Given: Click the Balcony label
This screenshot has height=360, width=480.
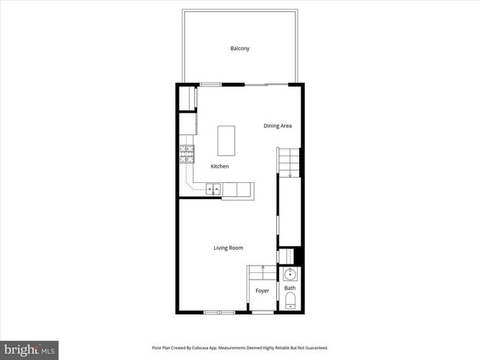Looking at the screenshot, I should click(239, 49).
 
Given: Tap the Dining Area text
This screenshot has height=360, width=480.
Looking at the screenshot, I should click(278, 126).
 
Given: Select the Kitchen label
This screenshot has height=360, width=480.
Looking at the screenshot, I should click(220, 167).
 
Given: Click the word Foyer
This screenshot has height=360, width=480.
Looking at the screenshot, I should click(262, 291).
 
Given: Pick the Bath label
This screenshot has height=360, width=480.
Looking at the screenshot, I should click(290, 288).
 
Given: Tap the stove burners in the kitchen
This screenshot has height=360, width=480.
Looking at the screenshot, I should click(187, 153).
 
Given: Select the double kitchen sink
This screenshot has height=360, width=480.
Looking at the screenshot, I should click(213, 190).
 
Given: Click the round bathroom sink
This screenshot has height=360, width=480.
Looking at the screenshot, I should click(289, 275).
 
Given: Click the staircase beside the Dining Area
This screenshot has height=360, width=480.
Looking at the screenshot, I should click(289, 162).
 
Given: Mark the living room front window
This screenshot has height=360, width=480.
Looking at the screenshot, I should click(219, 313).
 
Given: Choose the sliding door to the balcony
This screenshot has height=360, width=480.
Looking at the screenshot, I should click(267, 85).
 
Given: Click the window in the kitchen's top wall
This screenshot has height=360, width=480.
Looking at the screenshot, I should click(211, 85).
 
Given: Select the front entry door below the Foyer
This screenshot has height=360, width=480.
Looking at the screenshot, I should click(262, 313).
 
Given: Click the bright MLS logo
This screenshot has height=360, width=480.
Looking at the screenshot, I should click(30, 349).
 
